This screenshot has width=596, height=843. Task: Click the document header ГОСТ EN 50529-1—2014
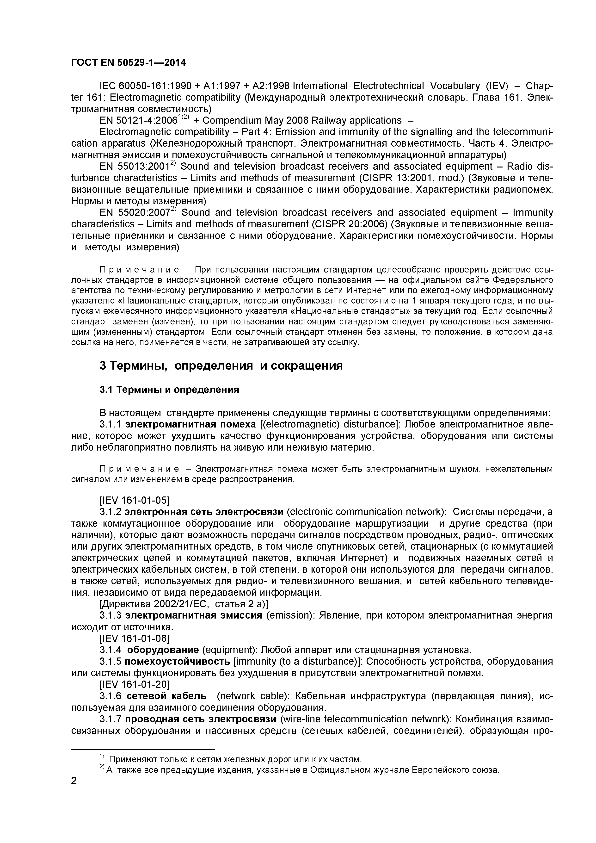(x=128, y=63)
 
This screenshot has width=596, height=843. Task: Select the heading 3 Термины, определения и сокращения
(x=221, y=366)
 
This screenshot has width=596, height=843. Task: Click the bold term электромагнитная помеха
(x=190, y=424)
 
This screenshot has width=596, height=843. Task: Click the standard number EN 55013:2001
(x=134, y=167)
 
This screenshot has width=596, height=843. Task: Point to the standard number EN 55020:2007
(x=134, y=213)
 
